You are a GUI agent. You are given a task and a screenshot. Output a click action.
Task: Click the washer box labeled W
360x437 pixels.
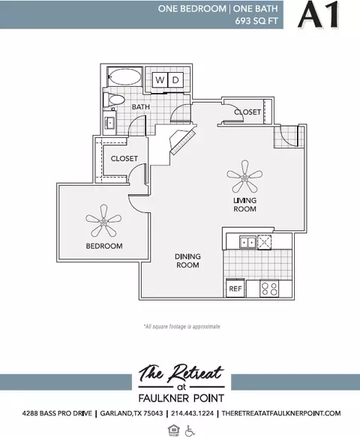click(x=160, y=80)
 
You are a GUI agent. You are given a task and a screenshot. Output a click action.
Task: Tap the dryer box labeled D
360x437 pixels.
click(x=175, y=80)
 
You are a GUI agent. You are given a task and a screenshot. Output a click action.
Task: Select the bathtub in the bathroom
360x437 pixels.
click(x=125, y=76)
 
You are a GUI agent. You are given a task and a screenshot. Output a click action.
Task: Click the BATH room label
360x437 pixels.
click(x=141, y=106)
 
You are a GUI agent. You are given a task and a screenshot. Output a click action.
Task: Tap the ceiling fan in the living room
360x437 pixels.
click(x=244, y=176)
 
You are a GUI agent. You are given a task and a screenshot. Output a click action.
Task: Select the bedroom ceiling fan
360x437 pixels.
click(x=103, y=221)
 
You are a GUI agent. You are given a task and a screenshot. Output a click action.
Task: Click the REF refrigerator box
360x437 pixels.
click(x=235, y=289)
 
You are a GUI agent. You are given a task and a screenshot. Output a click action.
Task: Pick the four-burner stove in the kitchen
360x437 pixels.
click(x=269, y=289)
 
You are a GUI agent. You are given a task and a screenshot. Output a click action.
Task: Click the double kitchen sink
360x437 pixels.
click(x=248, y=242)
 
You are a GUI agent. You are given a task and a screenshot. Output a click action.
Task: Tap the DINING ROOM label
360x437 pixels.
click(x=187, y=261)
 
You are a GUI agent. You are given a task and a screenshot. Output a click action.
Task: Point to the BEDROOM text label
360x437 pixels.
click(x=104, y=246)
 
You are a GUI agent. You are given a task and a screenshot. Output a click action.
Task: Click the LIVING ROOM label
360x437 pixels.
click(x=244, y=205)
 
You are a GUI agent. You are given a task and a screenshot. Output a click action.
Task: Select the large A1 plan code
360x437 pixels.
click(x=319, y=14)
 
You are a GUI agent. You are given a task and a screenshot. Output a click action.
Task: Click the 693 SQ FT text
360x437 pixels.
click(x=256, y=21)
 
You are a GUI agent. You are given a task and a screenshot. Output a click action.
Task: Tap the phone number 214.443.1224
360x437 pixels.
click(x=193, y=413)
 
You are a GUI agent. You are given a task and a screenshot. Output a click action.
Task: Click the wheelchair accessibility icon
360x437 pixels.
click(x=190, y=430)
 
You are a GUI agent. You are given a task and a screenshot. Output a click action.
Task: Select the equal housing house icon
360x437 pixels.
click(x=173, y=430)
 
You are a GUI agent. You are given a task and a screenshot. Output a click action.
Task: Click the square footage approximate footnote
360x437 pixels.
click(x=181, y=326)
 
